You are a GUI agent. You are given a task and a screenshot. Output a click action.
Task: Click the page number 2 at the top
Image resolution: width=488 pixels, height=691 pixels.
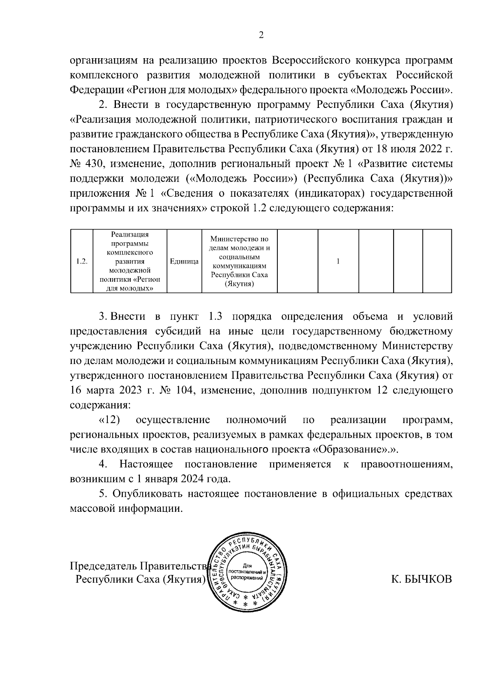[x=261, y=35]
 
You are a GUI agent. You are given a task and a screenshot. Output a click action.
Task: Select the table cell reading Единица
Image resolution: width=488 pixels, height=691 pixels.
[x=184, y=261]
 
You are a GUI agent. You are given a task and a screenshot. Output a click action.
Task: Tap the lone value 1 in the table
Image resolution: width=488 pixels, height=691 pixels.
[x=338, y=261]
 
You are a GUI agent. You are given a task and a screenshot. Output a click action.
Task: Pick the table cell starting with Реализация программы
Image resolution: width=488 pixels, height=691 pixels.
[x=130, y=261]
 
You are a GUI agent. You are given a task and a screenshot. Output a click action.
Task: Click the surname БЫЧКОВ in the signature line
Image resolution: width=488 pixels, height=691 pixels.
[x=421, y=579]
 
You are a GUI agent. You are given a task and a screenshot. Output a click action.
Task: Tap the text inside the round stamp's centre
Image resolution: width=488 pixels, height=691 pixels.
[x=247, y=572]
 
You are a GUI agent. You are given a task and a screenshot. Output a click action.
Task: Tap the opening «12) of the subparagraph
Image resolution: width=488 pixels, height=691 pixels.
[x=109, y=420]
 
